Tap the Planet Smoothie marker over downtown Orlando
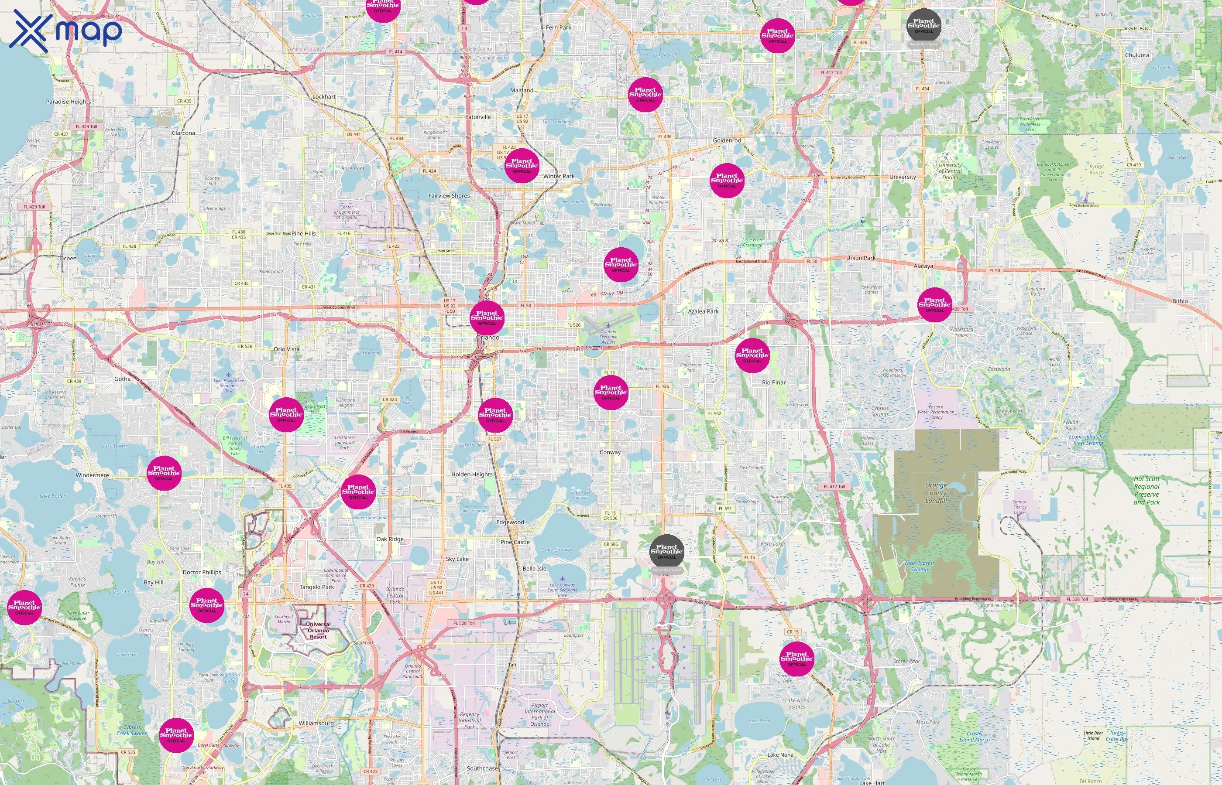(487, 317)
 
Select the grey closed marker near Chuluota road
(923, 25)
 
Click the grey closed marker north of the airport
(666, 552)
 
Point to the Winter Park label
(559, 176)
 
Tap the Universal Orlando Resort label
(318, 631)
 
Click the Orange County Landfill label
(936, 493)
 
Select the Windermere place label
(93, 475)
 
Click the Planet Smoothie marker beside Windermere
(164, 473)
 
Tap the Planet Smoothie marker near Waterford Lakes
(934, 304)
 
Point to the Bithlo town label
(1180, 301)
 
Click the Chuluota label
(1137, 55)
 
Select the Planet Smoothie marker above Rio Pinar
(752, 355)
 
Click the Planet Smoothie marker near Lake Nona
(796, 659)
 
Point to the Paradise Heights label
(69, 102)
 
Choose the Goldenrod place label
(727, 140)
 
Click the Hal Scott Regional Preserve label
(1146, 490)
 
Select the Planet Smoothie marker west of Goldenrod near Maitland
(645, 94)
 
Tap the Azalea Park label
(704, 311)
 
